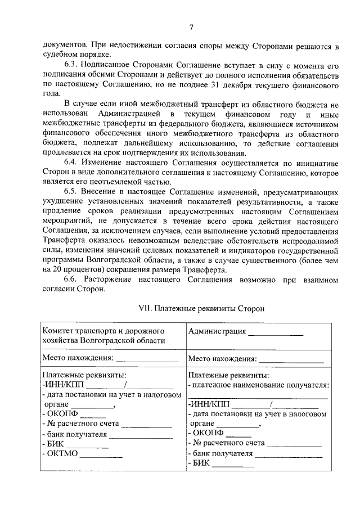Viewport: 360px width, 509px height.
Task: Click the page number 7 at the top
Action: (191, 28)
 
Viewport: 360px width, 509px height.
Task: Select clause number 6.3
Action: (73, 65)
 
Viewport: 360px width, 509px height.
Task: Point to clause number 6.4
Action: (73, 162)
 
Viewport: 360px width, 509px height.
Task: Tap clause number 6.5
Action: (73, 192)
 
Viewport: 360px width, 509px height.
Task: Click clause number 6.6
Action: (73, 279)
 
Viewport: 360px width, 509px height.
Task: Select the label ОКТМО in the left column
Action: (62, 454)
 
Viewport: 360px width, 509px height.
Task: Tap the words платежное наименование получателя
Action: (261, 385)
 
